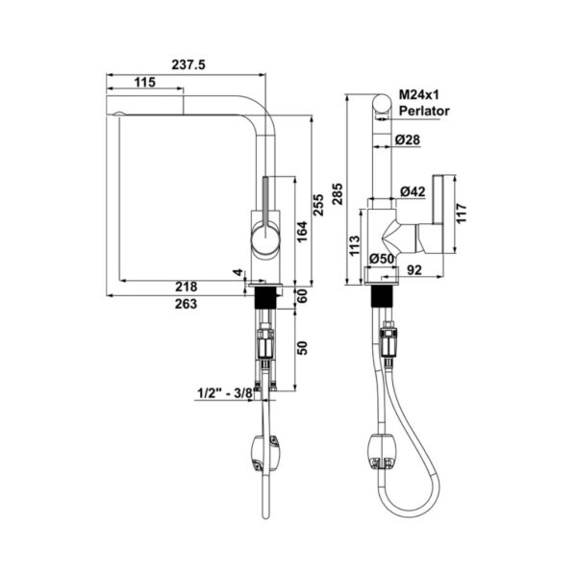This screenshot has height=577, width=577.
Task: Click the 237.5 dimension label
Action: pos(188,64)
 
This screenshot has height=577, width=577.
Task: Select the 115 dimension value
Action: pos(144,82)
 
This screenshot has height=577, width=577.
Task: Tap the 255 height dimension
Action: pos(318,205)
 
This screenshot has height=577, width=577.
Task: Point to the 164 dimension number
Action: pos(302,232)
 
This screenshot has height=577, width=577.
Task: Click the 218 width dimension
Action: pos(187,287)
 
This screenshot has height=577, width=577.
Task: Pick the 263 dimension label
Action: pos(187,304)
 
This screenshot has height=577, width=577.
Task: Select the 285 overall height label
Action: pos(338,194)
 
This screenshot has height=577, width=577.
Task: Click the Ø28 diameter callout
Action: pos(407,139)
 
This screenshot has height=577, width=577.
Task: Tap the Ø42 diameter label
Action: pos(413,191)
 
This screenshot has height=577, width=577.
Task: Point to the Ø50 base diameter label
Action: pos(382,259)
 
